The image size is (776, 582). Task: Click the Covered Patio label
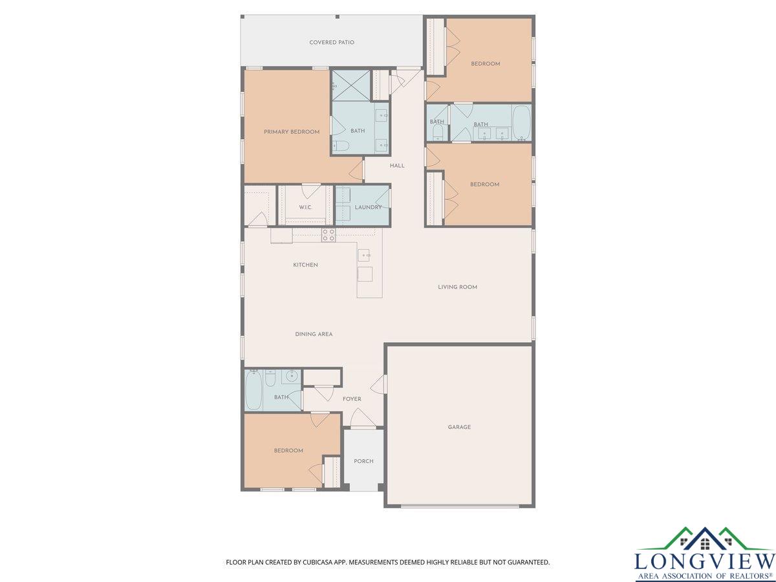332,43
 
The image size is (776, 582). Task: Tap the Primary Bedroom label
292,132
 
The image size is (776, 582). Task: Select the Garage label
459,427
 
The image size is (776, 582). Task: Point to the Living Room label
457,287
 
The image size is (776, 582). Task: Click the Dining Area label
314,334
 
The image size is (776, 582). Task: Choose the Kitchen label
305,264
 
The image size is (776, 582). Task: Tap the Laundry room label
368,207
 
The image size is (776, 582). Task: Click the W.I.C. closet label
305,207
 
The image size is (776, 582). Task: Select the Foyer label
352,399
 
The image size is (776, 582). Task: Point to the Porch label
363,461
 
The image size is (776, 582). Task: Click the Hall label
397,166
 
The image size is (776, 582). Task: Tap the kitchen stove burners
329,235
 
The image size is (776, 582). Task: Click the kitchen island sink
364,255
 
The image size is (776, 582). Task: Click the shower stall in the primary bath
350,85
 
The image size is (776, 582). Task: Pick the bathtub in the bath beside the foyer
253,390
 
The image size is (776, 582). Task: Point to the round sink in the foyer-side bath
291,376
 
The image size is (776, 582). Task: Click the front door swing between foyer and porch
363,417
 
